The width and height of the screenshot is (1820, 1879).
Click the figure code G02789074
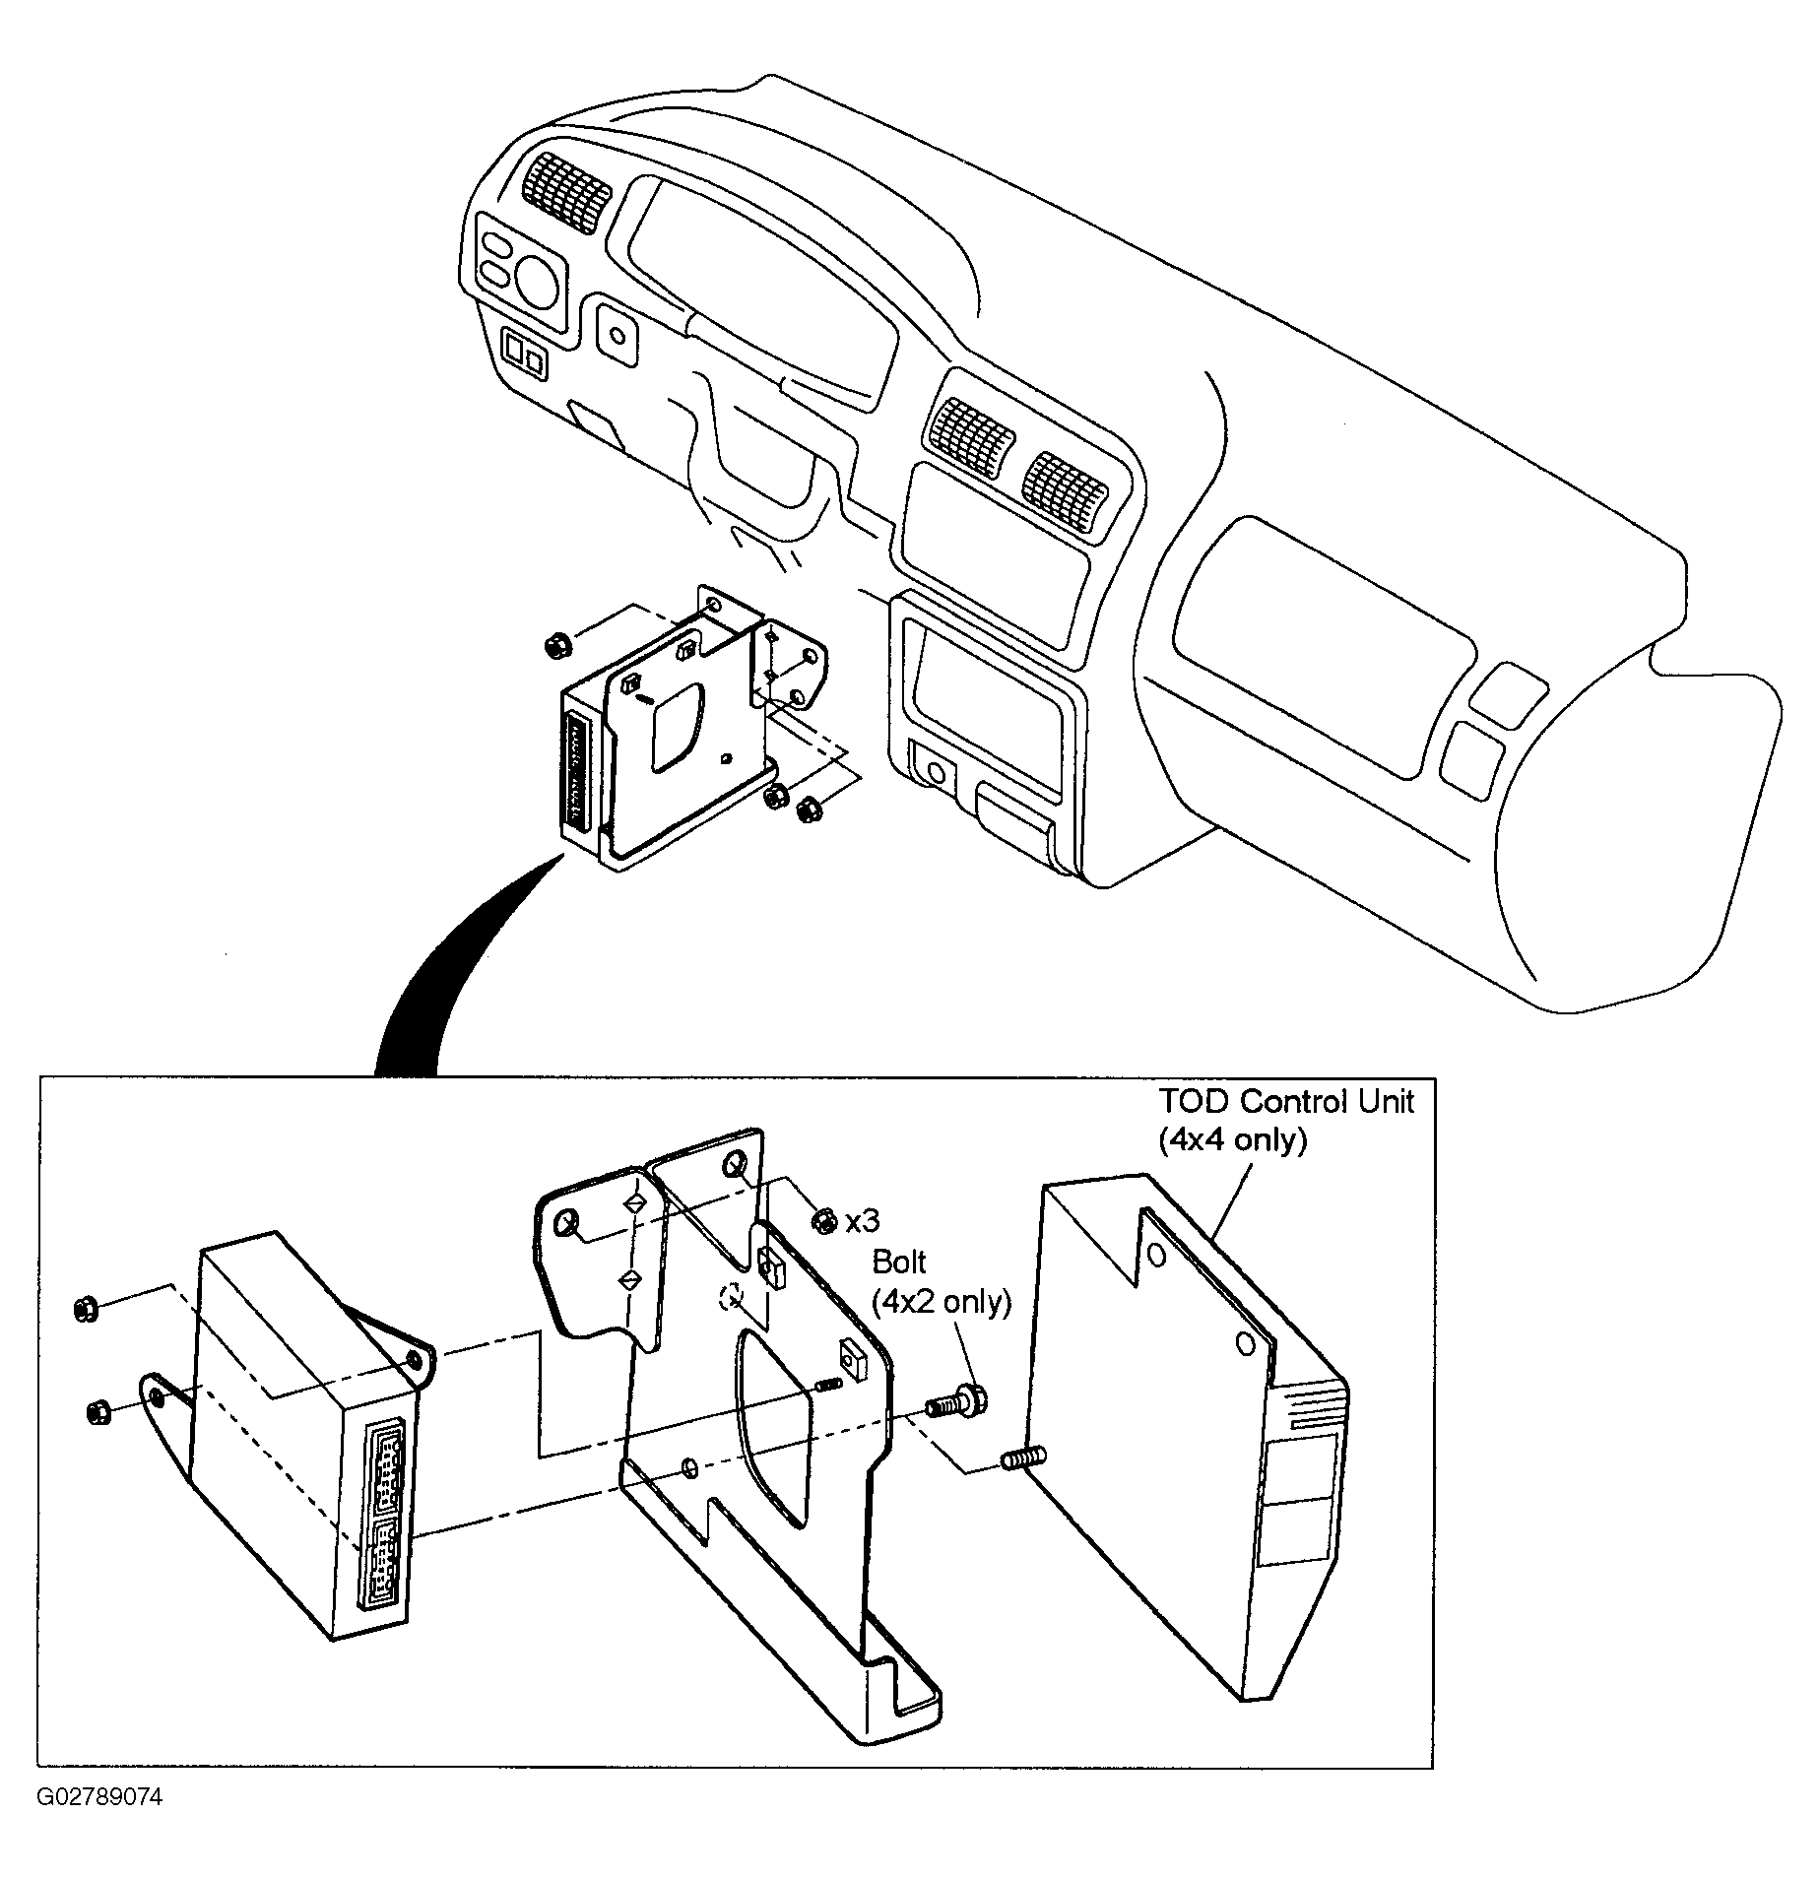(x=99, y=1797)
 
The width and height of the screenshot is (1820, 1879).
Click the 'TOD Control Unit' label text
(x=1285, y=1101)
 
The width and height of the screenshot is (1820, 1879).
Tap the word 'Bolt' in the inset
(x=899, y=1263)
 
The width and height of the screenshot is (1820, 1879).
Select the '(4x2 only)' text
(x=942, y=1302)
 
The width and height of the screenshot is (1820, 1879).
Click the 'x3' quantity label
(x=862, y=1222)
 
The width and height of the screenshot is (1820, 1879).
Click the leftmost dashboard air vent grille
(x=566, y=192)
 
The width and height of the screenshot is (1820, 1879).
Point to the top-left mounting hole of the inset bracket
(x=566, y=1226)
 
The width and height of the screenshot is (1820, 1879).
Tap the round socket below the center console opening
(x=935, y=773)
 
